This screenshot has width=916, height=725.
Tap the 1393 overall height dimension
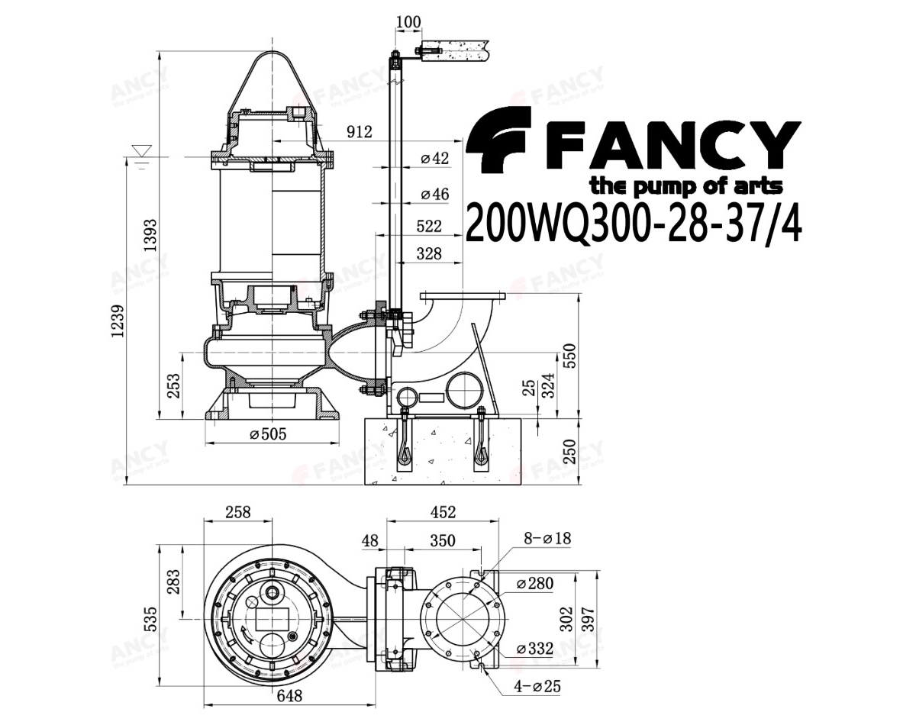tap(150, 235)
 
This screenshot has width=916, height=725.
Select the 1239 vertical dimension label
tap(118, 321)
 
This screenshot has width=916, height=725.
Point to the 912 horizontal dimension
tap(360, 132)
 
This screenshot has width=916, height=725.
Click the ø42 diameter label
tap(434, 159)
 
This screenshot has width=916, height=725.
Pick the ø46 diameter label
tap(434, 194)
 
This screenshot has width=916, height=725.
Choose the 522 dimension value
tap(429, 226)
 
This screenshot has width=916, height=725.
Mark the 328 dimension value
tap(429, 253)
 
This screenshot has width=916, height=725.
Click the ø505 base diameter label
tap(268, 433)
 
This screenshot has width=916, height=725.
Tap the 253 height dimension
tap(173, 385)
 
